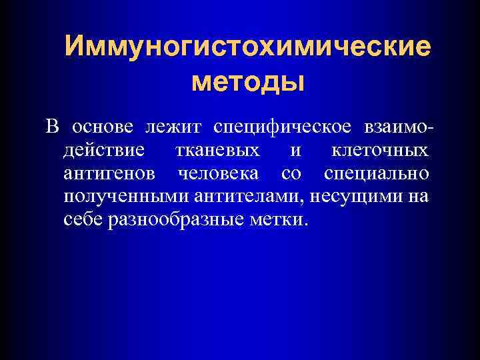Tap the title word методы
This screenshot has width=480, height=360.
[x=247, y=81]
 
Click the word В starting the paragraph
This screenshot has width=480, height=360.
[x=53, y=127]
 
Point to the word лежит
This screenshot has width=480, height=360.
[x=174, y=127]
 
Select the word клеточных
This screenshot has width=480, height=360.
[x=380, y=151]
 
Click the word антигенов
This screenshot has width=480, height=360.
[x=111, y=174]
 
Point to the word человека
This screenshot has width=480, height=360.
[x=219, y=174]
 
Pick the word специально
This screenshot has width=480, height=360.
[x=376, y=175]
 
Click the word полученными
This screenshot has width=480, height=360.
[x=127, y=197]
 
